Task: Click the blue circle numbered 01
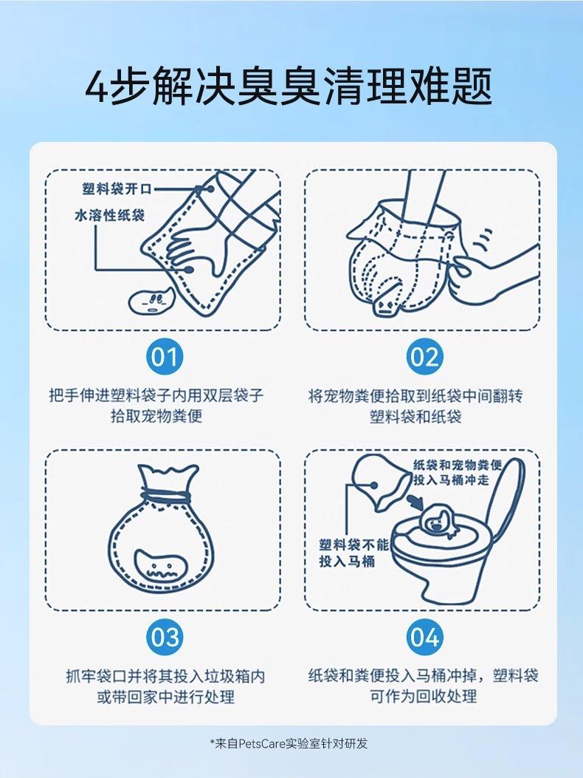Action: click(165, 357)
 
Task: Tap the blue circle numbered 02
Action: click(425, 357)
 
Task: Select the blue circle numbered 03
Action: click(165, 637)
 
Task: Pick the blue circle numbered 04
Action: click(425, 637)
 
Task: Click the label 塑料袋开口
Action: click(117, 188)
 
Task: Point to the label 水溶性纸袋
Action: click(109, 215)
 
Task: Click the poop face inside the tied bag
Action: click(160, 566)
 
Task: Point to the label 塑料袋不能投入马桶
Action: click(353, 553)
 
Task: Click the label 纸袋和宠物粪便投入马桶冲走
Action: click(457, 472)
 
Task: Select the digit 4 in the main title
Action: click(97, 87)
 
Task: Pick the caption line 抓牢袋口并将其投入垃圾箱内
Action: click(165, 676)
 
